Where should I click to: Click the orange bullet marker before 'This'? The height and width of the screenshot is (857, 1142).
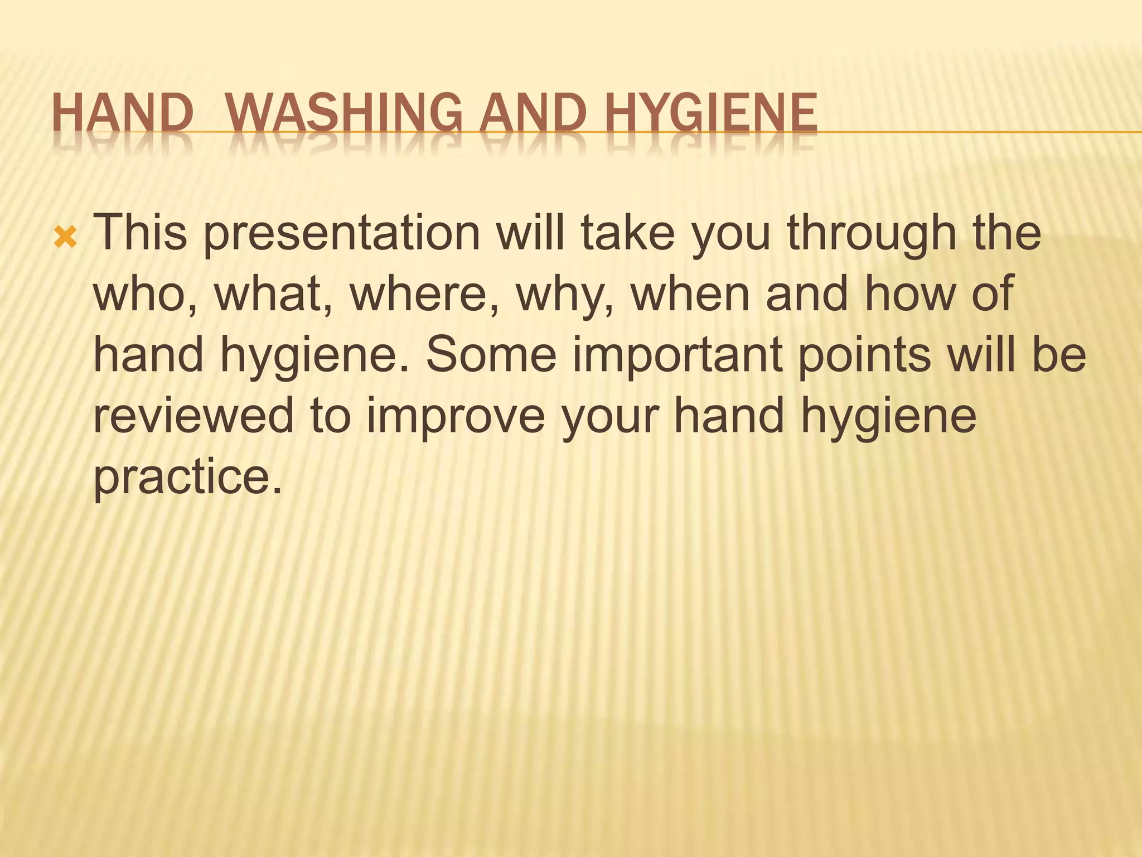tap(66, 239)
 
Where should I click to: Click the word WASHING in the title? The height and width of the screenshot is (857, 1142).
tap(345, 114)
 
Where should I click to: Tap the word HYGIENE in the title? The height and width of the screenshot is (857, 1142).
tap(711, 114)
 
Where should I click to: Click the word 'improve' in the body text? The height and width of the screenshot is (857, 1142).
tap(455, 416)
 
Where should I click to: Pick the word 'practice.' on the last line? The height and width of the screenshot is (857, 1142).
tap(187, 477)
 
